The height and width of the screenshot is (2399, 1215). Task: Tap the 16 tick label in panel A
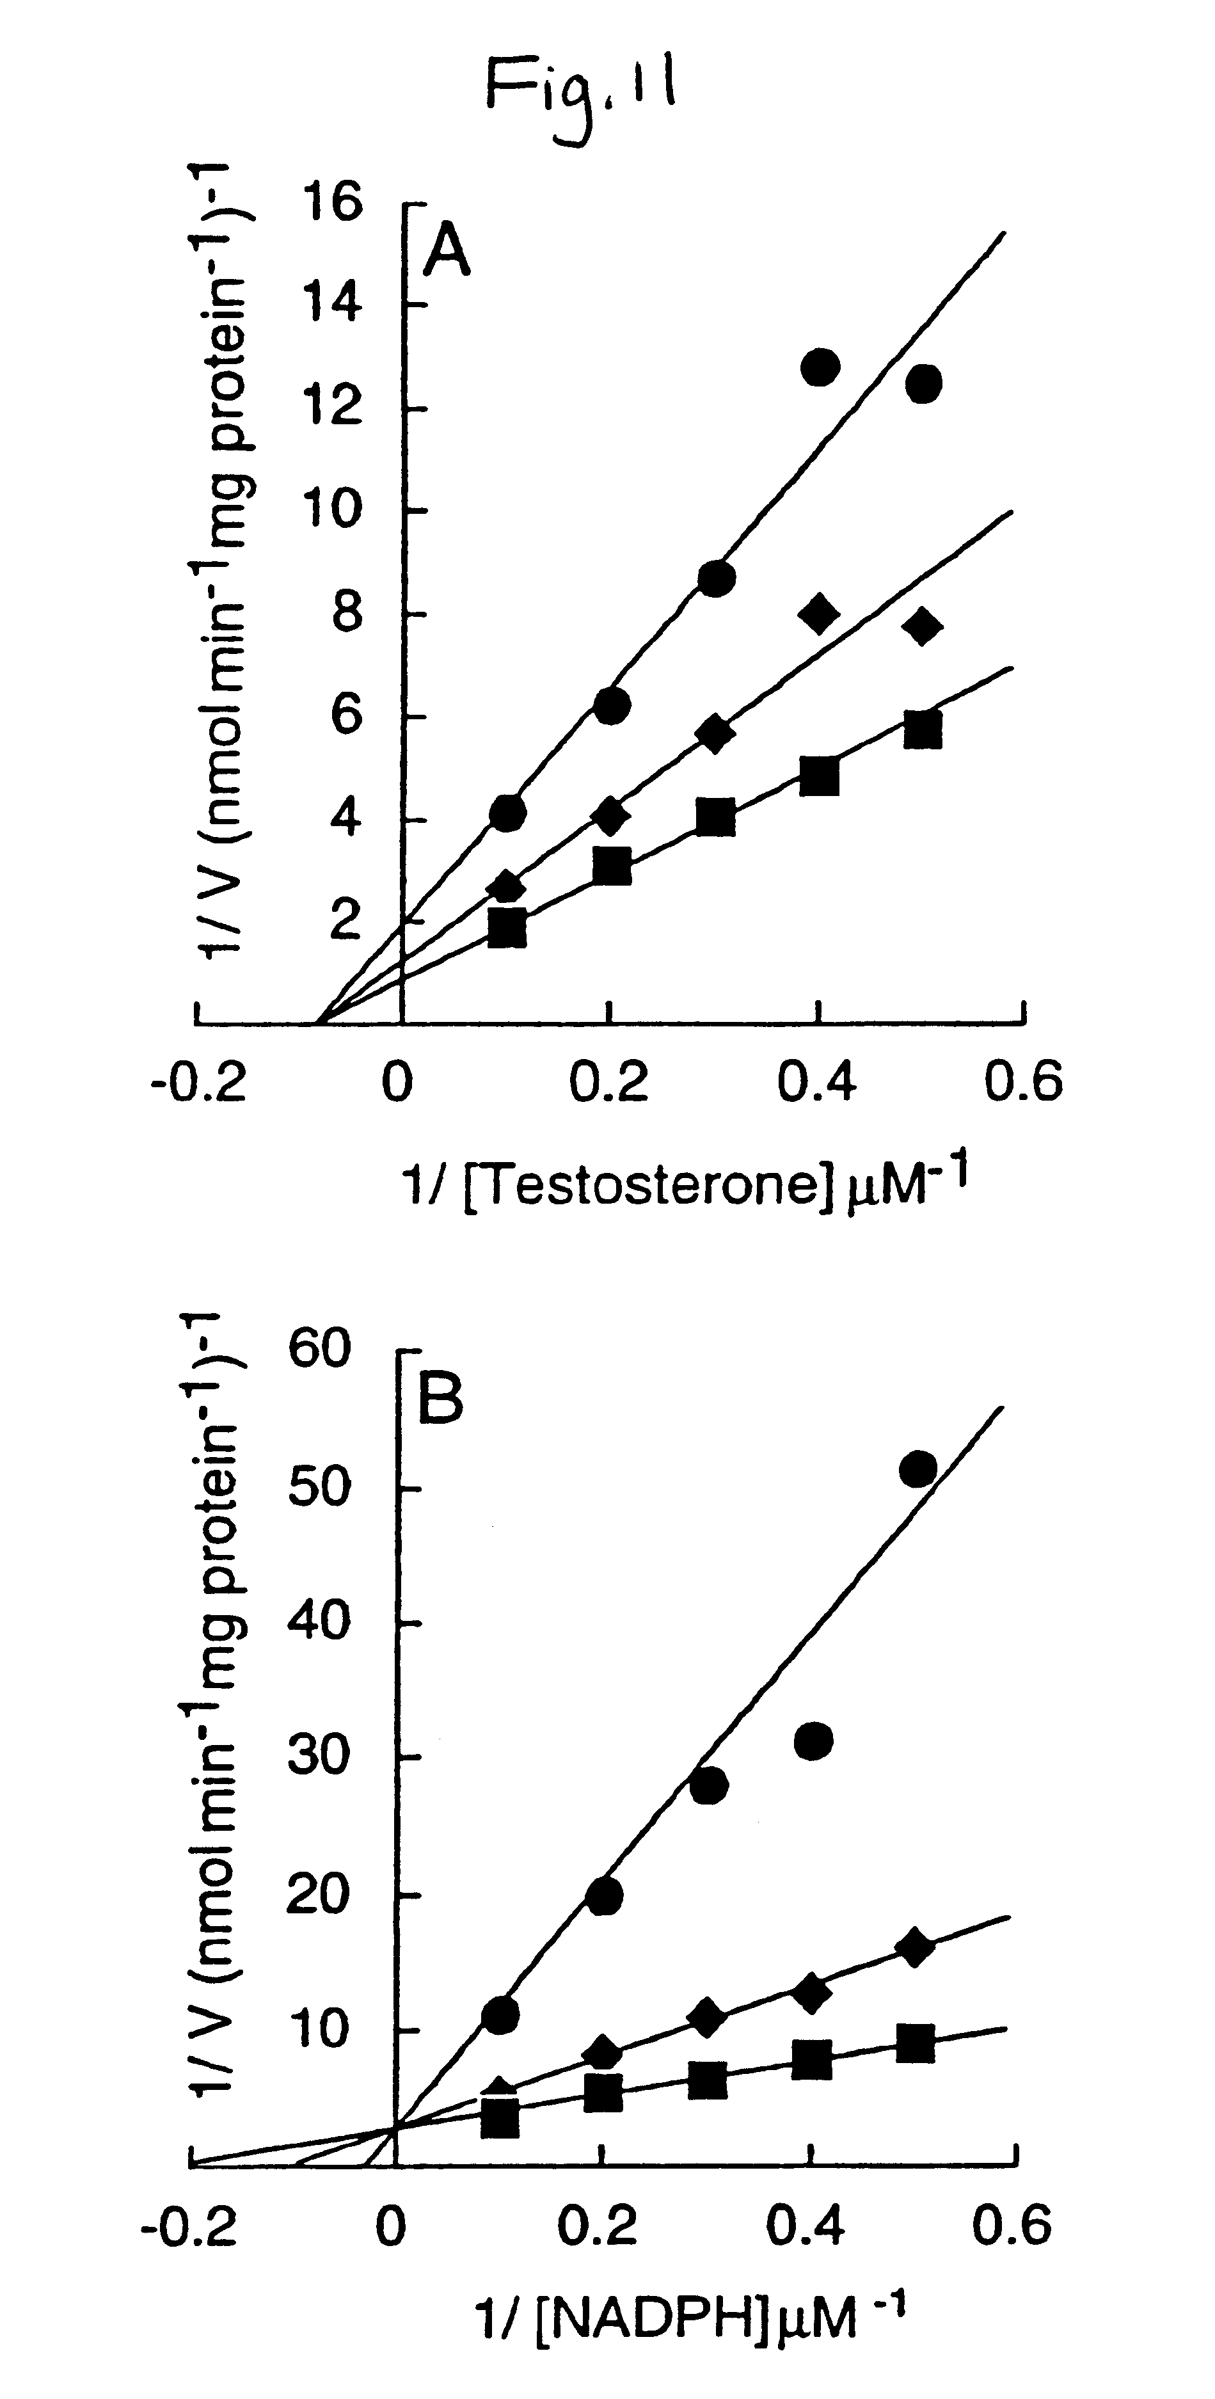pyautogui.click(x=331, y=202)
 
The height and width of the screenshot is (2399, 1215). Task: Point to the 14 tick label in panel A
pyautogui.click(x=331, y=305)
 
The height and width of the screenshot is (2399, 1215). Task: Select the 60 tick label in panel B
pyautogui.click(x=319, y=1350)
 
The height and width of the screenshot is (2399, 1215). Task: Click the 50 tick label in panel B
pyautogui.click(x=319, y=1487)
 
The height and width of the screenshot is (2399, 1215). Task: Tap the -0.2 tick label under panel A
pyautogui.click(x=198, y=1084)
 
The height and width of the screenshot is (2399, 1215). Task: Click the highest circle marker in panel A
pyautogui.click(x=820, y=368)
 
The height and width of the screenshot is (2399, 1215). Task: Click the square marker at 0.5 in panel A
pyautogui.click(x=923, y=729)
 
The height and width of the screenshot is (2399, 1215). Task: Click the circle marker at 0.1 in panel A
pyautogui.click(x=507, y=812)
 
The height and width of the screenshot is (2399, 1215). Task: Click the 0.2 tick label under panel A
pyautogui.click(x=609, y=1084)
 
